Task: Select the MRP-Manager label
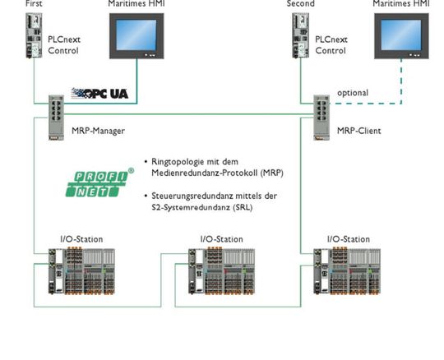point(98,131)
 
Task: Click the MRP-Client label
point(359,131)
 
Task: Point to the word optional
point(353,93)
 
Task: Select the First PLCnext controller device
point(34,35)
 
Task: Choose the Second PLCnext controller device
point(300,35)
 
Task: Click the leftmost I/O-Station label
point(81,239)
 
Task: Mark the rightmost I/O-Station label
point(349,239)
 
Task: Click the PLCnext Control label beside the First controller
point(63,45)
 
